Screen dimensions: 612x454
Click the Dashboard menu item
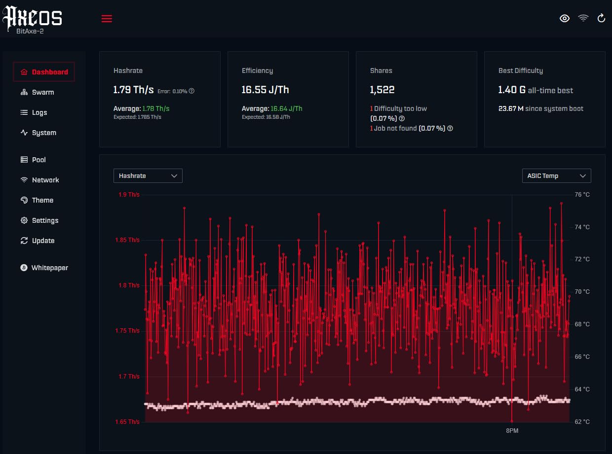44,72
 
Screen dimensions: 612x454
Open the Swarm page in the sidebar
37,92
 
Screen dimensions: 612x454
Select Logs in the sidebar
34,112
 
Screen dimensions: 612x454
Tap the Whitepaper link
44,268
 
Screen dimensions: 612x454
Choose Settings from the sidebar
39,220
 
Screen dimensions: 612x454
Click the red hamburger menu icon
107,19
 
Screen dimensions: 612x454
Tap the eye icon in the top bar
565,18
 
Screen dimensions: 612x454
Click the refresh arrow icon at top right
601,18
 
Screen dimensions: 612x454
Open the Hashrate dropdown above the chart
148,175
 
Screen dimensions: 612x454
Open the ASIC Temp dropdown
557,175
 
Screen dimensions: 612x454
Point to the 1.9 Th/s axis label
129,195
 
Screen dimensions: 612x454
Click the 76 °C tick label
582,195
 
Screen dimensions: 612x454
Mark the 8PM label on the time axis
512,430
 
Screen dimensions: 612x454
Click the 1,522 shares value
382,90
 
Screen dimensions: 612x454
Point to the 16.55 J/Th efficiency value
265,90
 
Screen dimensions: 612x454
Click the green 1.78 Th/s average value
155,108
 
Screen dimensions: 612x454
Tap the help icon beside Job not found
450,128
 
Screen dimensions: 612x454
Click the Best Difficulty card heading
520,71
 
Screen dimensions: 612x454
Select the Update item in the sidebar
37,241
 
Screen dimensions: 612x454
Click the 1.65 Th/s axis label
127,422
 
